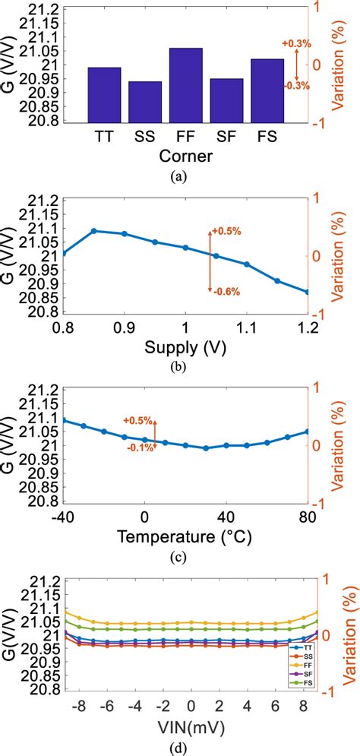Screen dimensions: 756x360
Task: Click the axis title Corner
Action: click(x=186, y=157)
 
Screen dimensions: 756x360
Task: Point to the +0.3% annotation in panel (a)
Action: click(x=296, y=45)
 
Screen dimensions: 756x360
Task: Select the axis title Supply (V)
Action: click(x=186, y=347)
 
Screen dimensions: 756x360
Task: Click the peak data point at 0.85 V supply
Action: click(x=94, y=231)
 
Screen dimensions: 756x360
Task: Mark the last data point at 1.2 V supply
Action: click(x=308, y=292)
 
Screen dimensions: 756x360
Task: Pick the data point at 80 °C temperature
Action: click(x=308, y=431)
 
